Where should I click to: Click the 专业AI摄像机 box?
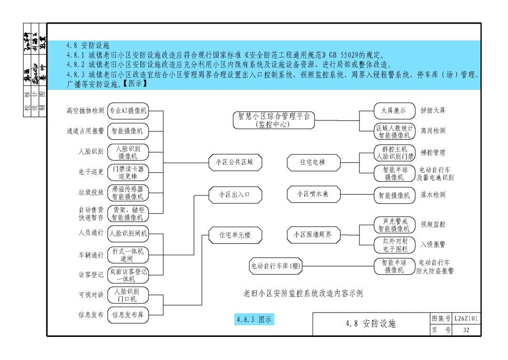coord(128,111)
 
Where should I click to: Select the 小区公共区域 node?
coord(234,162)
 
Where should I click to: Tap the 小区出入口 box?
coord(234,194)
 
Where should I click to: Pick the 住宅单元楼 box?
coord(234,235)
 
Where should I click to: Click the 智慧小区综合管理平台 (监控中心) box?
coord(273,120)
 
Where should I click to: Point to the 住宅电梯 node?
coord(312,162)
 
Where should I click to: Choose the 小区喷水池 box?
coord(312,194)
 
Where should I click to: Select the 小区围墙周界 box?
coord(312,234)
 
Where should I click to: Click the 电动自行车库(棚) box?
coord(275,266)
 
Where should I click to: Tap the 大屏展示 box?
coord(394,111)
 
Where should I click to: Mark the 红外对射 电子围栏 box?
coord(394,245)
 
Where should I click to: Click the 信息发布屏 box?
coord(128,315)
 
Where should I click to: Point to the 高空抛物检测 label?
coord(85,111)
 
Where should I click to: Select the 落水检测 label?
coord(433,195)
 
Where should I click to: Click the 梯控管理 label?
coord(433,152)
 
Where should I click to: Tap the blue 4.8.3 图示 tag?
coord(254,320)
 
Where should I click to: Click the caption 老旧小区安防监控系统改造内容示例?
coord(303,293)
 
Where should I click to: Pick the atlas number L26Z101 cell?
coord(466,319)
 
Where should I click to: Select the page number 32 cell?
coord(466,330)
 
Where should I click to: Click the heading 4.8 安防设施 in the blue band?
coord(88,46)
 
